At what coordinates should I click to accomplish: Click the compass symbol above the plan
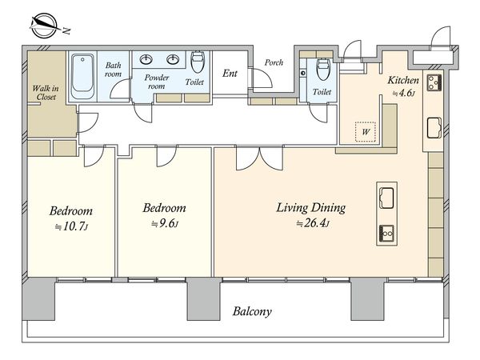click(45, 26)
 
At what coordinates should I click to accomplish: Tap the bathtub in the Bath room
click(82, 77)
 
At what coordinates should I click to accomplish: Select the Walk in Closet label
click(46, 93)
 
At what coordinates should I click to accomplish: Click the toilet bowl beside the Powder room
click(198, 62)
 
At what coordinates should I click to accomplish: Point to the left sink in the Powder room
click(146, 59)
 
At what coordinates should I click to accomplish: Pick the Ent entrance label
click(230, 74)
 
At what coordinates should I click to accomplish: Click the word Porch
click(274, 62)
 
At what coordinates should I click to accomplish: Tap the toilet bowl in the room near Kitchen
click(322, 69)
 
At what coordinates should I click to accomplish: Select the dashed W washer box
click(366, 132)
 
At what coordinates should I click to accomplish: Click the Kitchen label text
click(403, 80)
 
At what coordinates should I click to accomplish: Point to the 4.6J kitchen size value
click(404, 93)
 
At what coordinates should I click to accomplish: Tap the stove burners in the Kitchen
click(434, 82)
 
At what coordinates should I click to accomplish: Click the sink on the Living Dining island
click(386, 198)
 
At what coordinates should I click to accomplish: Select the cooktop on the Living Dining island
click(387, 234)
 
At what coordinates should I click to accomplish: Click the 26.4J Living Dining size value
click(313, 223)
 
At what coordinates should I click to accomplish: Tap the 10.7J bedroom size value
click(72, 227)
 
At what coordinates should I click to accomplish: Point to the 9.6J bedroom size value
click(165, 224)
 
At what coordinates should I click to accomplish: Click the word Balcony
click(252, 312)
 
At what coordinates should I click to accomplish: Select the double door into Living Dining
click(259, 158)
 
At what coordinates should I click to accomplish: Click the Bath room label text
click(114, 70)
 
